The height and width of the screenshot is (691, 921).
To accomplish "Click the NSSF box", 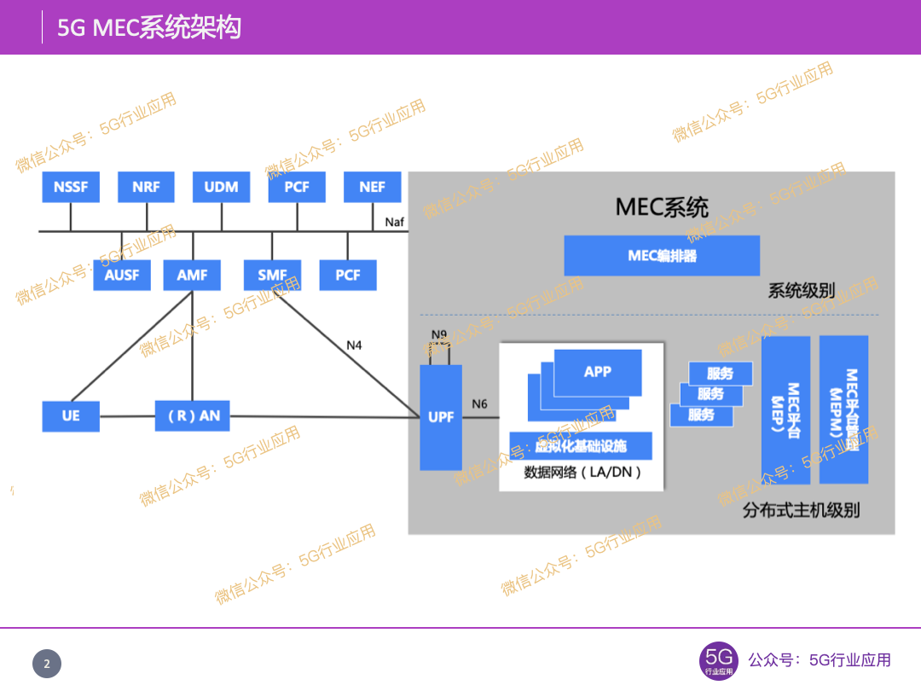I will [x=71, y=187].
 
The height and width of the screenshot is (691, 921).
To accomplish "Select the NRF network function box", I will [x=146, y=187].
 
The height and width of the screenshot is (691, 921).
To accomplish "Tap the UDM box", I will [x=221, y=187].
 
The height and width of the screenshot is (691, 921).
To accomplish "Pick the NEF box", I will [x=372, y=187].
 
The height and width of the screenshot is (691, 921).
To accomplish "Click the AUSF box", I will [x=121, y=276].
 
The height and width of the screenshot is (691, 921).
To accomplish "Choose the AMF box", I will [x=192, y=276].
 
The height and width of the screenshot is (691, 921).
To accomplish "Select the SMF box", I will [x=272, y=276].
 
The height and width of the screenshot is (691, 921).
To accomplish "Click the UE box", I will [x=71, y=416].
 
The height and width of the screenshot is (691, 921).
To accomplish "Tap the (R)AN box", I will [x=193, y=416].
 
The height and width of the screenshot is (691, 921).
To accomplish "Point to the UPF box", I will [x=441, y=417].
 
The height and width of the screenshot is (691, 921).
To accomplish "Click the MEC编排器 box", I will [x=662, y=256].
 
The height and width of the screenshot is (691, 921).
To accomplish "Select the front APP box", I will [x=597, y=373].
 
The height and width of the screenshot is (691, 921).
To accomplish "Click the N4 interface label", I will [x=354, y=345].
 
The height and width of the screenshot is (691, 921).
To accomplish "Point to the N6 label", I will [x=479, y=404].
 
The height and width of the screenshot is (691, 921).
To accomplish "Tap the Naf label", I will [x=394, y=222].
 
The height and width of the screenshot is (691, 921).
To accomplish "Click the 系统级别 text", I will [x=801, y=291].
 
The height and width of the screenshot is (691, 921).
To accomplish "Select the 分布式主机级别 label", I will [x=801, y=510].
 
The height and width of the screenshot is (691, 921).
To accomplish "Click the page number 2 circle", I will [x=47, y=664].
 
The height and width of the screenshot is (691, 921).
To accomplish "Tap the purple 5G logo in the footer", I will [x=718, y=660].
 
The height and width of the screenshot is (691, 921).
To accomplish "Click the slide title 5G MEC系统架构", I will [x=149, y=27].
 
